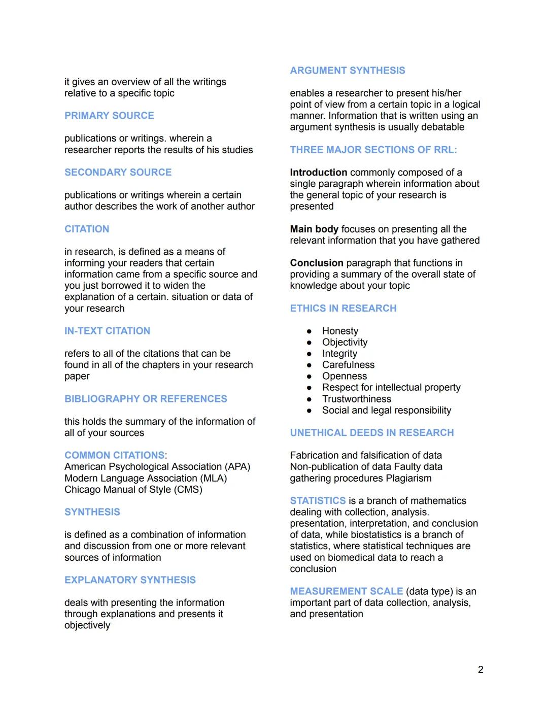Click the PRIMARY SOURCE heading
click(x=109, y=116)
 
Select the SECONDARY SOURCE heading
click(x=118, y=173)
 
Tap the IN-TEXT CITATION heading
click(x=107, y=331)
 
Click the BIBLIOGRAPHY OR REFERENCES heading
click(x=146, y=399)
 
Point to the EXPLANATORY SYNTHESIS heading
click(x=130, y=580)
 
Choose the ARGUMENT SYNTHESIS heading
click(x=348, y=71)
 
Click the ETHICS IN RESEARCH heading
click(x=343, y=309)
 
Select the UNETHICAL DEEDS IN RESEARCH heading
click(x=372, y=433)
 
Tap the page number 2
click(x=481, y=670)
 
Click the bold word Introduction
click(x=319, y=173)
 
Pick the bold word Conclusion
click(x=317, y=263)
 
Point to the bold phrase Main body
click(x=314, y=229)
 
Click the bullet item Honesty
click(x=340, y=331)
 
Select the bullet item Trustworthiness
click(x=357, y=399)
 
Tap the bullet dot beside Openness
click(x=309, y=377)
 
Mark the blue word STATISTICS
click(x=318, y=501)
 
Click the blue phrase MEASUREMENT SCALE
click(x=347, y=591)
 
